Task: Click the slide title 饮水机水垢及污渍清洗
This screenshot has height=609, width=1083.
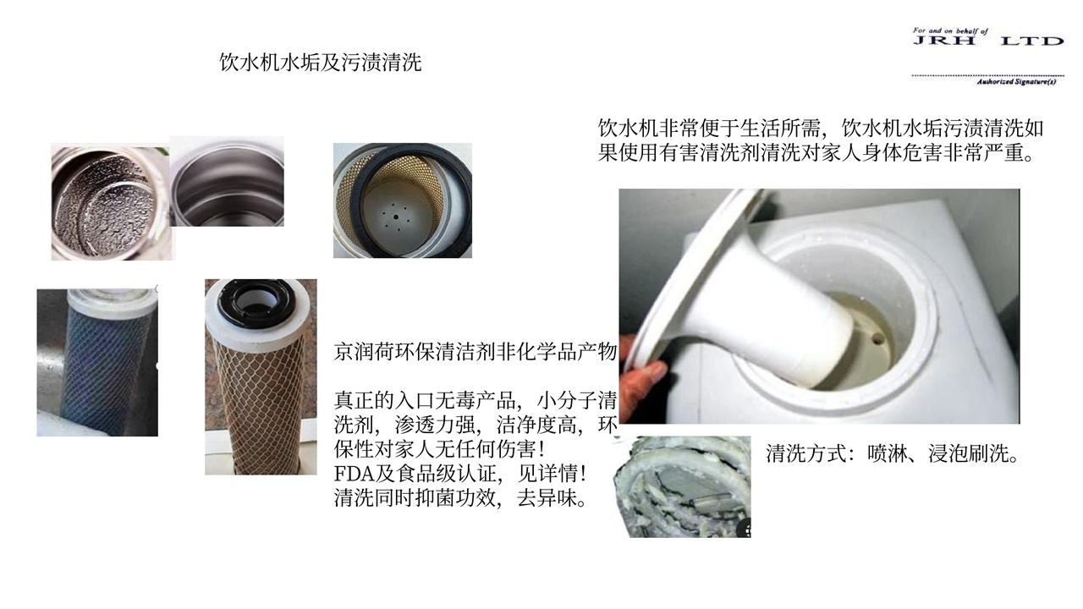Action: pyautogui.click(x=320, y=63)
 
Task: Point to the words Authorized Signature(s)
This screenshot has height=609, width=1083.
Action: pyautogui.click(x=1016, y=82)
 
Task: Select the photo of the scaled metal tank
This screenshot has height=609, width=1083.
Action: pyautogui.click(x=111, y=202)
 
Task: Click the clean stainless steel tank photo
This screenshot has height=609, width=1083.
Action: pyautogui.click(x=227, y=181)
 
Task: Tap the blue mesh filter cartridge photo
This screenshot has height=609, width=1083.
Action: pyautogui.click(x=97, y=363)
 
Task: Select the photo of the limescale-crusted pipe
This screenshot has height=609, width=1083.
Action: pyautogui.click(x=682, y=486)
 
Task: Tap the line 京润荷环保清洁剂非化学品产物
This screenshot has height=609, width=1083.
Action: pyautogui.click(x=476, y=352)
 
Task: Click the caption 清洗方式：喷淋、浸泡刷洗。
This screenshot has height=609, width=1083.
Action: pyautogui.click(x=893, y=453)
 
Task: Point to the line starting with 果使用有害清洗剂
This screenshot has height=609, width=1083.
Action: pyautogui.click(x=816, y=153)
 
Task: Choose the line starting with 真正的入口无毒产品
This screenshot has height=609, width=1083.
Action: pyautogui.click(x=476, y=400)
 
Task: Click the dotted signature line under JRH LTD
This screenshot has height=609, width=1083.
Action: pyautogui.click(x=987, y=76)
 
